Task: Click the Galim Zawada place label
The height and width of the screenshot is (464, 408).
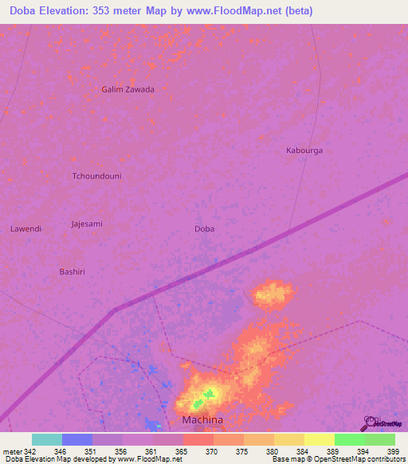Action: pyautogui.click(x=127, y=89)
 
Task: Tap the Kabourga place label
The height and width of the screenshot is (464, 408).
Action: pyautogui.click(x=304, y=150)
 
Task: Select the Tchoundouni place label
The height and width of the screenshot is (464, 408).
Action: pyautogui.click(x=96, y=175)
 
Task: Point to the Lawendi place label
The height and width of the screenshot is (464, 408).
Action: pyautogui.click(x=25, y=229)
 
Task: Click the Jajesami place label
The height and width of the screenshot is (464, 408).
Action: pyautogui.click(x=87, y=224)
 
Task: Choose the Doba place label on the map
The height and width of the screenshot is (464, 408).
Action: pyautogui.click(x=204, y=229)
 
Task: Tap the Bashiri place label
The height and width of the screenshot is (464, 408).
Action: pyautogui.click(x=72, y=272)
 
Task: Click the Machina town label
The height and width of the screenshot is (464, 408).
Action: pyautogui.click(x=202, y=419)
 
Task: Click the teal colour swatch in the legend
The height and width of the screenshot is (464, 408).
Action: pyautogui.click(x=47, y=439)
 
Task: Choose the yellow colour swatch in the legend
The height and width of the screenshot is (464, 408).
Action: pyautogui.click(x=319, y=439)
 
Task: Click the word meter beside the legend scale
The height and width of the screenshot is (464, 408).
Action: pyautogui.click(x=11, y=451)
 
